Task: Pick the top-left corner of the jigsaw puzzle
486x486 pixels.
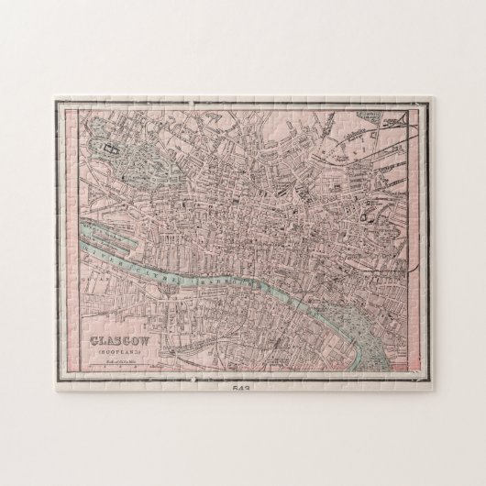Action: [57, 90]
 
